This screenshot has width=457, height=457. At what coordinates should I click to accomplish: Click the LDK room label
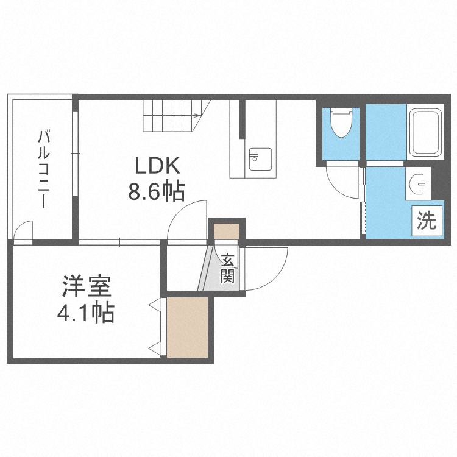156,166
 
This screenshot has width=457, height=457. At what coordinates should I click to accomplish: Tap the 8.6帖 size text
156,193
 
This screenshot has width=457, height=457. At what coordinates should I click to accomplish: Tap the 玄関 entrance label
228,268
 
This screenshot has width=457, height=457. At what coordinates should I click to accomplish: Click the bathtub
425,133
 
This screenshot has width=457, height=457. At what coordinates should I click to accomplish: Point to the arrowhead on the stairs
197,115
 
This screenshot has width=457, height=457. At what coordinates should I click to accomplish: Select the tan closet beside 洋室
188,328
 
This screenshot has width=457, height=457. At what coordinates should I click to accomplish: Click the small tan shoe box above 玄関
227,232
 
